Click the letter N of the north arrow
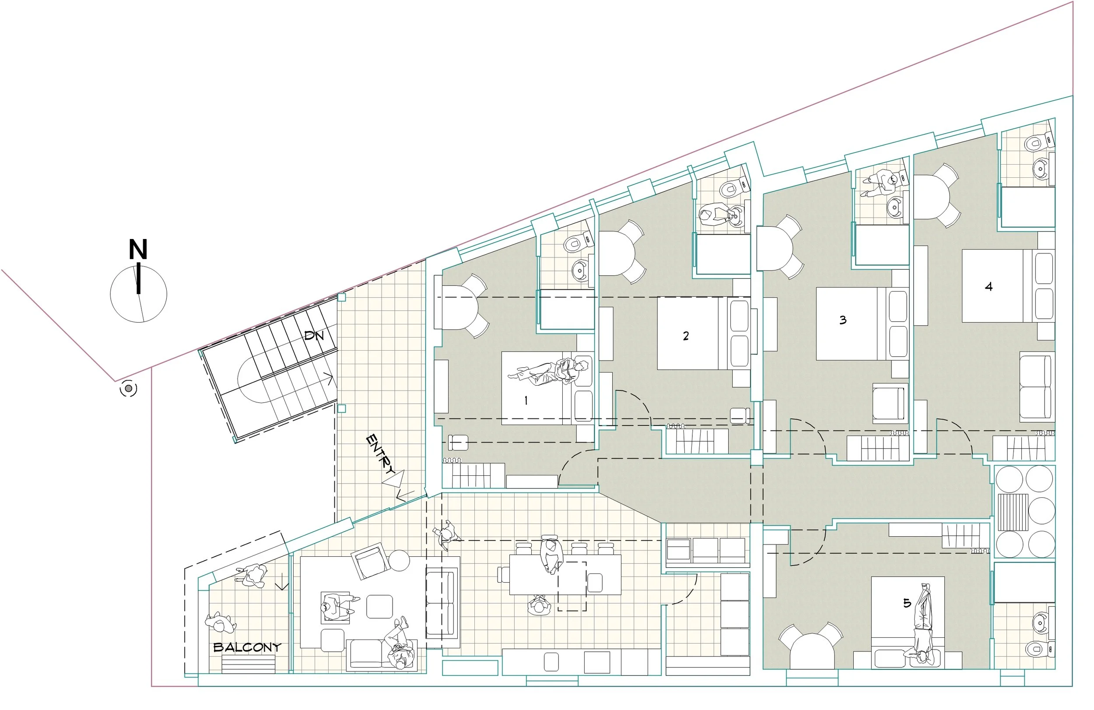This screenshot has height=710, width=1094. point(138,250)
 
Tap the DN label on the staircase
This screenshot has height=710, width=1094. point(314,335)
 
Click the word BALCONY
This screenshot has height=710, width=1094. point(247,647)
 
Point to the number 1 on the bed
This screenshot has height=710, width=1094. point(526,401)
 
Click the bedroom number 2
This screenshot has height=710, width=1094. point(686,336)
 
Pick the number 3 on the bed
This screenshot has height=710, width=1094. point(842,320)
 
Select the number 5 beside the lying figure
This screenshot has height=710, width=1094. point(907,603)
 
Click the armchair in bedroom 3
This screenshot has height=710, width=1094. point(891,403)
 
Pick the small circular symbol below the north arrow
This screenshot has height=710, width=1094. point(128,389)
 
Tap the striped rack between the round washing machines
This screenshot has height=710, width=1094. point(1013,512)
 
